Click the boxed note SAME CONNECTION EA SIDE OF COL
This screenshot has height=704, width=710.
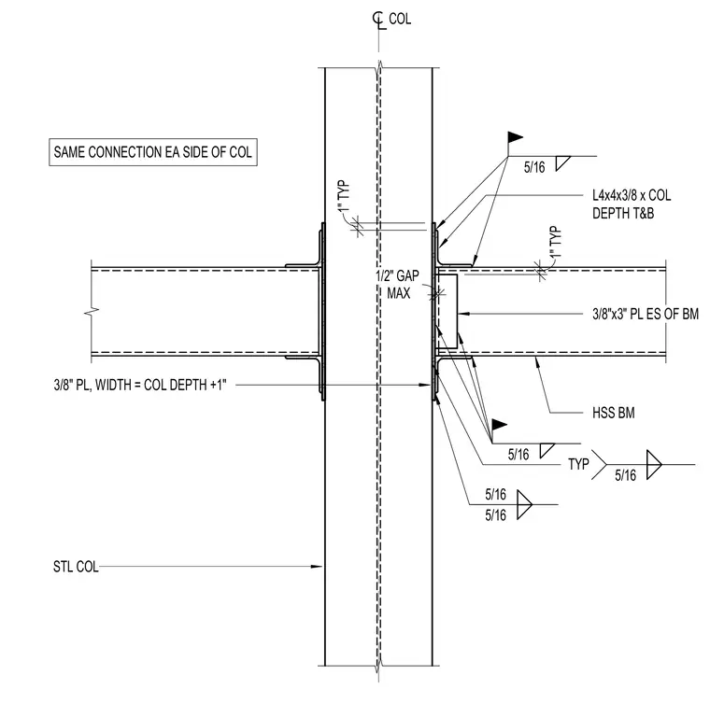coord(153,152)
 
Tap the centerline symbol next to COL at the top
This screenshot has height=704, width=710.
coord(378,21)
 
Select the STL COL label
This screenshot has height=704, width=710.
coord(76,567)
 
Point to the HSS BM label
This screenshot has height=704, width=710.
coord(614,413)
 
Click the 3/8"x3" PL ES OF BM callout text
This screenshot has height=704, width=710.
coord(646,314)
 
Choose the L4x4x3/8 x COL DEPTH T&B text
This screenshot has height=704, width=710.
coord(632,204)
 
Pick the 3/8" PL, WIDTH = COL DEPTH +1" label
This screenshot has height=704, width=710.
coord(140,385)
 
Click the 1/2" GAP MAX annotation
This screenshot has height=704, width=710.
coord(398,285)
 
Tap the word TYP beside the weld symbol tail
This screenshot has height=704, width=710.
coord(578,464)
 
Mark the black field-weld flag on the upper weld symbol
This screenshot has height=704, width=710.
coord(515,136)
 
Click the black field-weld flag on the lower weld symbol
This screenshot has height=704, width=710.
coord(499,425)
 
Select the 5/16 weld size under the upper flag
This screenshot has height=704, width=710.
coord(534,167)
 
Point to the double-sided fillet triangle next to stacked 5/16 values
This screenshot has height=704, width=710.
coord(524,504)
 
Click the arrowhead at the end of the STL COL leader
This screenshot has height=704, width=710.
coord(317,567)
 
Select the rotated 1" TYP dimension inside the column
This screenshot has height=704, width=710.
coord(344,196)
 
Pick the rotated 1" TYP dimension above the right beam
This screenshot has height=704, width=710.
coord(556,242)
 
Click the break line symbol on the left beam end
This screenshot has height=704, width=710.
coord(92,312)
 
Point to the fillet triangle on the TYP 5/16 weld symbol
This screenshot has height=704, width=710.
coord(654,464)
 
